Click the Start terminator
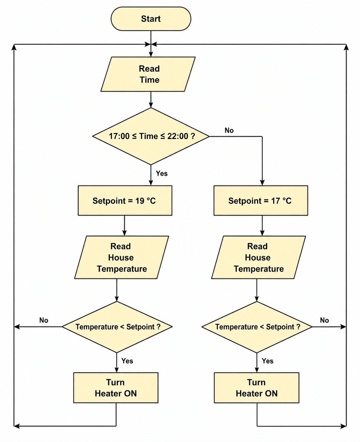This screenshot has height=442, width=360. coord(151,19)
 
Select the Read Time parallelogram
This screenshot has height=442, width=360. coord(148,74)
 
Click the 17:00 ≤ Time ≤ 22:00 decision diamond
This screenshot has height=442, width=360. coord(151,136)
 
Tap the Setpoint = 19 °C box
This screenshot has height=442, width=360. coord(125,200)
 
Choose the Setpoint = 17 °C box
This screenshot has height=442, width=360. coord(261,200)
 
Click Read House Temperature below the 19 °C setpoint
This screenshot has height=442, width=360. coord(121,257)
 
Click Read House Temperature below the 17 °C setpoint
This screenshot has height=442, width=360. coord(258,257)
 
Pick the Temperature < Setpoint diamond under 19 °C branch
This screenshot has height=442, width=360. coord(117,327)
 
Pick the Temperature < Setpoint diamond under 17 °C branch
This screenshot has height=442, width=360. coord(257,327)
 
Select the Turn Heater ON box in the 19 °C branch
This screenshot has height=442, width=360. coord(116,388)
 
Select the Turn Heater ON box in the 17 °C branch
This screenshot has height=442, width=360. coord(257,388)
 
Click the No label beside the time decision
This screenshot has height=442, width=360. coord(229,130)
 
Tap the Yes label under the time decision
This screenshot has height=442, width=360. coord(162,173)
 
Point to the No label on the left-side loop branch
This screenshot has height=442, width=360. coord(44,320)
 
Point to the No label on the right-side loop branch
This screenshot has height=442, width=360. coord(324,320)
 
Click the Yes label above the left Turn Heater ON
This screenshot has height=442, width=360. coord(127,361)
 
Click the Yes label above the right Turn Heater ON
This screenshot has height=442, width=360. coord(267,361)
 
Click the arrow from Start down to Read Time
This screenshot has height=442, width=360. coord(151,44)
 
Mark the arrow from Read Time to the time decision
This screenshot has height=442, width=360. coord(151,100)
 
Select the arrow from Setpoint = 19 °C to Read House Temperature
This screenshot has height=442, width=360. coord(124,226)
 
